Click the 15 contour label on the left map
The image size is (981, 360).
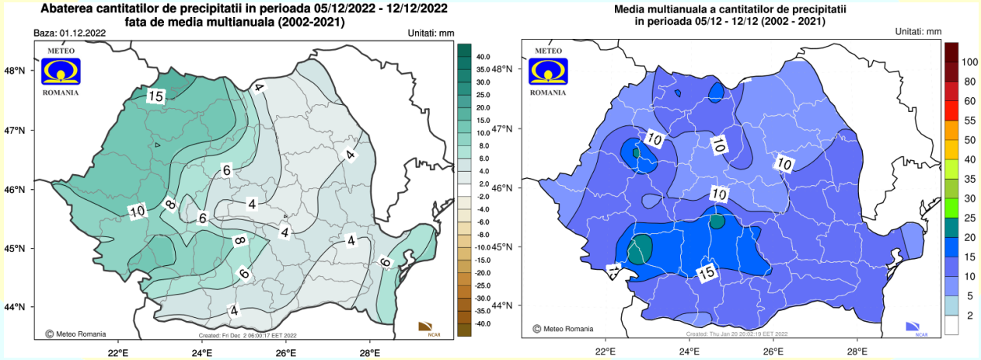156,96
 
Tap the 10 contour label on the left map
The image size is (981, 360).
138,211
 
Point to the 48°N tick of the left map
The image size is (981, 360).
16,71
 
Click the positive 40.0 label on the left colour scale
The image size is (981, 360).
483,57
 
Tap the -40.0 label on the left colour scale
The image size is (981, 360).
482,323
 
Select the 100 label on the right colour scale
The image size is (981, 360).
969,61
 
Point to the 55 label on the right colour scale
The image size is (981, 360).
969,121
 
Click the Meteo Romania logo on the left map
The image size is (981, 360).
60,71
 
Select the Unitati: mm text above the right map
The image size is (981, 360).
918,31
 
